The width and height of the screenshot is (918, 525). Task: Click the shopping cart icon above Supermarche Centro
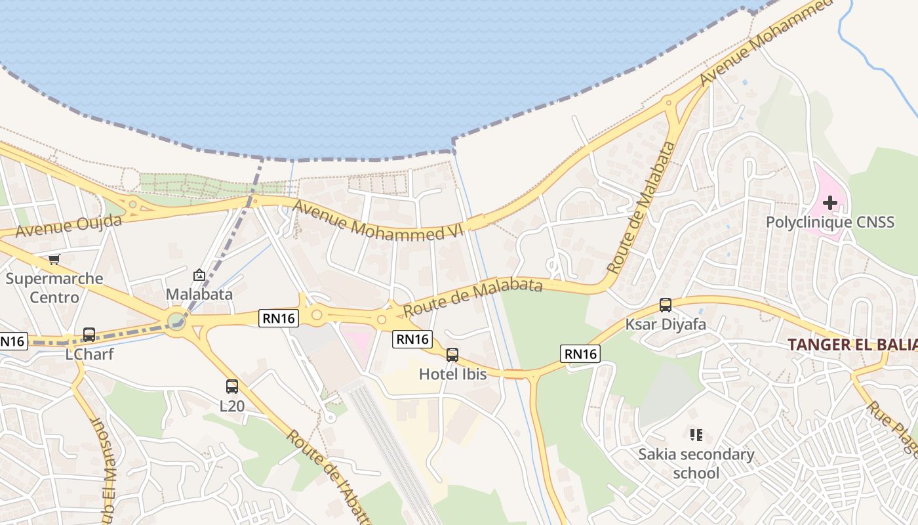click(x=54, y=260)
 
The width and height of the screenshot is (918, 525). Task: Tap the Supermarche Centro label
click(x=54, y=287)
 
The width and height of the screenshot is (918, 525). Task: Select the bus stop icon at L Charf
click(x=89, y=335)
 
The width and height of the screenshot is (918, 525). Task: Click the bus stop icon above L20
click(x=232, y=387)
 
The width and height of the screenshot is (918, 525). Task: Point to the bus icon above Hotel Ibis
click(x=452, y=355)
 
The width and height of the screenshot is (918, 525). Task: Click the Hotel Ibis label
click(x=453, y=374)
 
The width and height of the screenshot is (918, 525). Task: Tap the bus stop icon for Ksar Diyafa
click(x=666, y=305)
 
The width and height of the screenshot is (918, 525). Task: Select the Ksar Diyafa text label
click(x=666, y=324)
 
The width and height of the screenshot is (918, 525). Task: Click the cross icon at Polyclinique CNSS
click(x=829, y=203)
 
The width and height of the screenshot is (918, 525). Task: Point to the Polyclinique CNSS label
click(x=829, y=222)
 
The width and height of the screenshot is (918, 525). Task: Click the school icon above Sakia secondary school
click(x=696, y=434)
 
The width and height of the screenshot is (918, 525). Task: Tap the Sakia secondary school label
click(x=696, y=463)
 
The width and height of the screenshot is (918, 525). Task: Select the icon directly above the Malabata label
click(x=199, y=275)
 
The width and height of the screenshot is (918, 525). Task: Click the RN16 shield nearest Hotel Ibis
click(x=412, y=339)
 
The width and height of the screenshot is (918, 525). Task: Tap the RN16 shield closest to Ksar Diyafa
click(x=580, y=354)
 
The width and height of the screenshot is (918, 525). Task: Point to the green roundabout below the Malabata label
click(x=176, y=321)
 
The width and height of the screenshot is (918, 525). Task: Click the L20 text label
click(x=232, y=406)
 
